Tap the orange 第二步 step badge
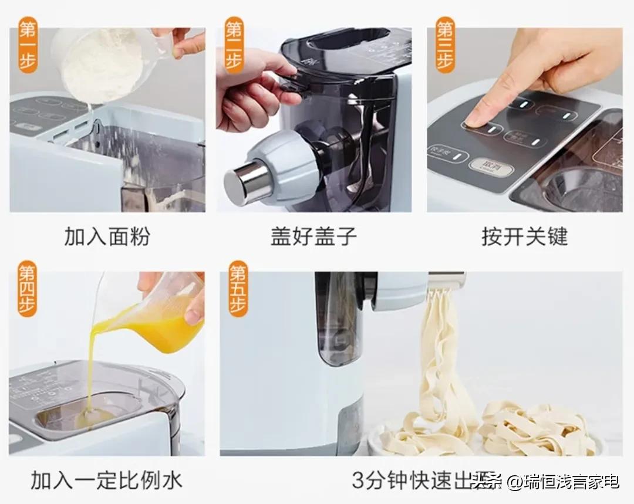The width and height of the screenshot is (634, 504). click(x=234, y=45)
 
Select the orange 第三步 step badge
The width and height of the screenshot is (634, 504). click(x=444, y=45)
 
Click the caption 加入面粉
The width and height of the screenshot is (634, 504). click(x=107, y=236)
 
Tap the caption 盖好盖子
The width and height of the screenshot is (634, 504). click(x=313, y=236)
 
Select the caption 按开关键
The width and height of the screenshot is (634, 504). click(x=524, y=236)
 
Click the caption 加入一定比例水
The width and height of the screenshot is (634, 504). click(x=106, y=481)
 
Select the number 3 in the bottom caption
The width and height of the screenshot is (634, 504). click(x=359, y=481)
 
